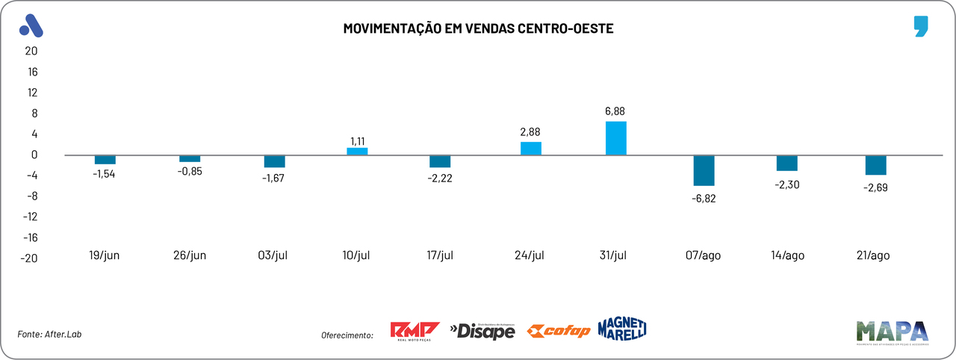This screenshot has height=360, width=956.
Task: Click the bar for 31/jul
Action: coord(615,138)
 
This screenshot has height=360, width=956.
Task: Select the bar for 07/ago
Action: coord(704,170)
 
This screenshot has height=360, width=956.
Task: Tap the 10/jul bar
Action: coord(357,151)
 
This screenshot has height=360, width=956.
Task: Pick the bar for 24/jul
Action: coord(531,148)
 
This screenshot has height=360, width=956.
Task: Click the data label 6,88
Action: coord(615,111)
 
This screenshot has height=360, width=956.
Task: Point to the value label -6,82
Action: coord(704,198)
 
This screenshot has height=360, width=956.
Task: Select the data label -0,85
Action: coord(190,171)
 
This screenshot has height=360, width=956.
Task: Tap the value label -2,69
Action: coord(875,187)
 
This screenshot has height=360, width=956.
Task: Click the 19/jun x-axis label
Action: coord(105,255)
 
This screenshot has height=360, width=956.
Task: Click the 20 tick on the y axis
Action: coord(31,51)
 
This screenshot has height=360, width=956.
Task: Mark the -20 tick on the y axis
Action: coord(28,258)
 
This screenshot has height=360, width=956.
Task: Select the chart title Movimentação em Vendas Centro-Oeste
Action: coord(478,28)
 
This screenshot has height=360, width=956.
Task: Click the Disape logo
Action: coord(482,330)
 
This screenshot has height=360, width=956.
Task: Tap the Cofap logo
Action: coord(559,331)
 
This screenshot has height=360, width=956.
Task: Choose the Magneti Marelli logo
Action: coord(621,328)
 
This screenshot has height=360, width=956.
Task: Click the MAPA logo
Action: coord(892,332)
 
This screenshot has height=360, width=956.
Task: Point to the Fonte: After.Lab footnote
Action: coord(49,334)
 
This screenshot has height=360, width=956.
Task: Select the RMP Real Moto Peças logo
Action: coord(415,330)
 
